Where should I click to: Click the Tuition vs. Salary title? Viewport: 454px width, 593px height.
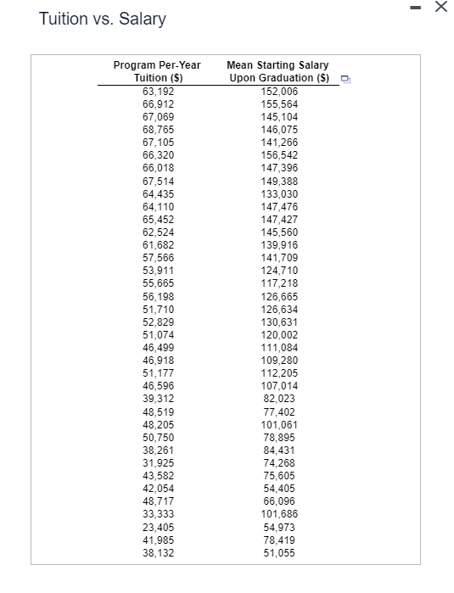(x=103, y=19)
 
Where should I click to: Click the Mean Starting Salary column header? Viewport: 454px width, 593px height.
(x=278, y=71)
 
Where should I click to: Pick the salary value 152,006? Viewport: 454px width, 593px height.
(x=279, y=91)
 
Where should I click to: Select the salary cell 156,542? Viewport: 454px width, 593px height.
(x=279, y=155)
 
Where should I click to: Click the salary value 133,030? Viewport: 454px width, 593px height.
(x=279, y=193)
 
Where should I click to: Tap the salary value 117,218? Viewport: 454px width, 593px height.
(x=279, y=283)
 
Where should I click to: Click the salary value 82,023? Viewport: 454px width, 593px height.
(x=279, y=399)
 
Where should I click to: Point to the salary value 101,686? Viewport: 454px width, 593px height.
(x=279, y=514)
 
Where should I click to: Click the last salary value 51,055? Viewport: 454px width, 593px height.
(x=279, y=553)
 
